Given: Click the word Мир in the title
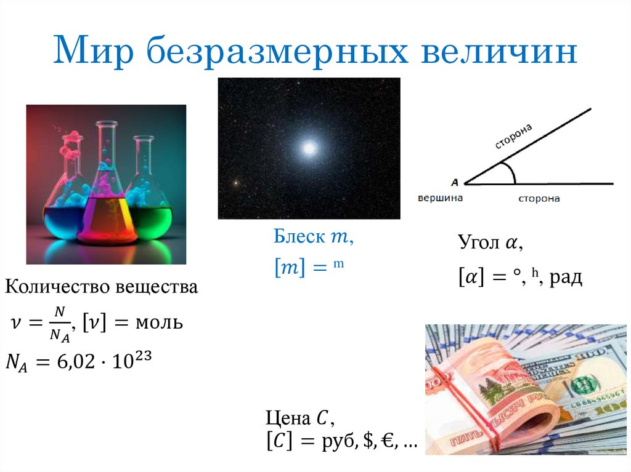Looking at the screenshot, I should click(89, 52).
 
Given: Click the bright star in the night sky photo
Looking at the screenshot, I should click(309, 148).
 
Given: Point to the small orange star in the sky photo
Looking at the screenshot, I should click(235, 183).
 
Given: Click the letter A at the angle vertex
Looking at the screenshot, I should click(454, 182).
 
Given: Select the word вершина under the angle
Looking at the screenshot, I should click(440, 198).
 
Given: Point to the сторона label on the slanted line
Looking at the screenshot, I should click(513, 135).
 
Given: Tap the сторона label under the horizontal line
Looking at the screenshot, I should click(539, 199).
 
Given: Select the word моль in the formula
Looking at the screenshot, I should click(159, 322).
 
